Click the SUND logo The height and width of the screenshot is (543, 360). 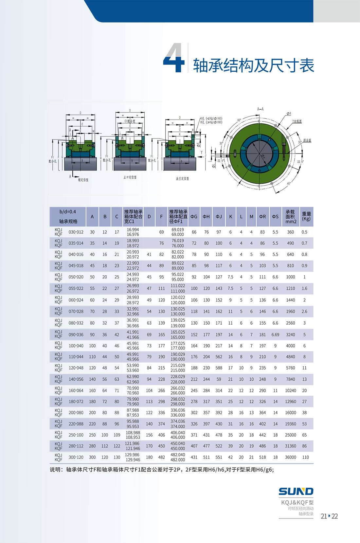click(x=296, y=491)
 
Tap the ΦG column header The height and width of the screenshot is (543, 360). click(x=194, y=217)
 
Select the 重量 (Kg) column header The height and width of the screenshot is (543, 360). click(x=306, y=216)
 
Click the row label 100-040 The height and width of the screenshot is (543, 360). click(x=76, y=346)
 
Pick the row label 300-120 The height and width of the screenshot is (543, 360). click(x=76, y=457)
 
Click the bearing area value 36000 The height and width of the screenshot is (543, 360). click(x=290, y=457)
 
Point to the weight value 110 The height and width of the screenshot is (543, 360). click(x=305, y=457)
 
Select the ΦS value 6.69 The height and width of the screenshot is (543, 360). click(x=275, y=335)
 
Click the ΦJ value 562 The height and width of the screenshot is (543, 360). click(x=219, y=357)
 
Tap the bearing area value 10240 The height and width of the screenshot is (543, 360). click(x=290, y=390)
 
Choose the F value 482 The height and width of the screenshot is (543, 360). click(x=161, y=457)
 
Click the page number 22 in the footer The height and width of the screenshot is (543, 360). click(x=335, y=516)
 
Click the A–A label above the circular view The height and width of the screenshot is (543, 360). click(x=261, y=109)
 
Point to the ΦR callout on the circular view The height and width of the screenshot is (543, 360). click(x=289, y=114)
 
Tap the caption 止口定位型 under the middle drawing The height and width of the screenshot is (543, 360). click(x=130, y=177)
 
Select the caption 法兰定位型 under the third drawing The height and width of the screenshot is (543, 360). click(x=182, y=178)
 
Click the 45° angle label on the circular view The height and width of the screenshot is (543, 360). click(x=288, y=184)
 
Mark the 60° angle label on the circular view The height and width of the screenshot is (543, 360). click(x=239, y=120)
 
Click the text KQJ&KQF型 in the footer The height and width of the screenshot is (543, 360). click(x=297, y=502)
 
